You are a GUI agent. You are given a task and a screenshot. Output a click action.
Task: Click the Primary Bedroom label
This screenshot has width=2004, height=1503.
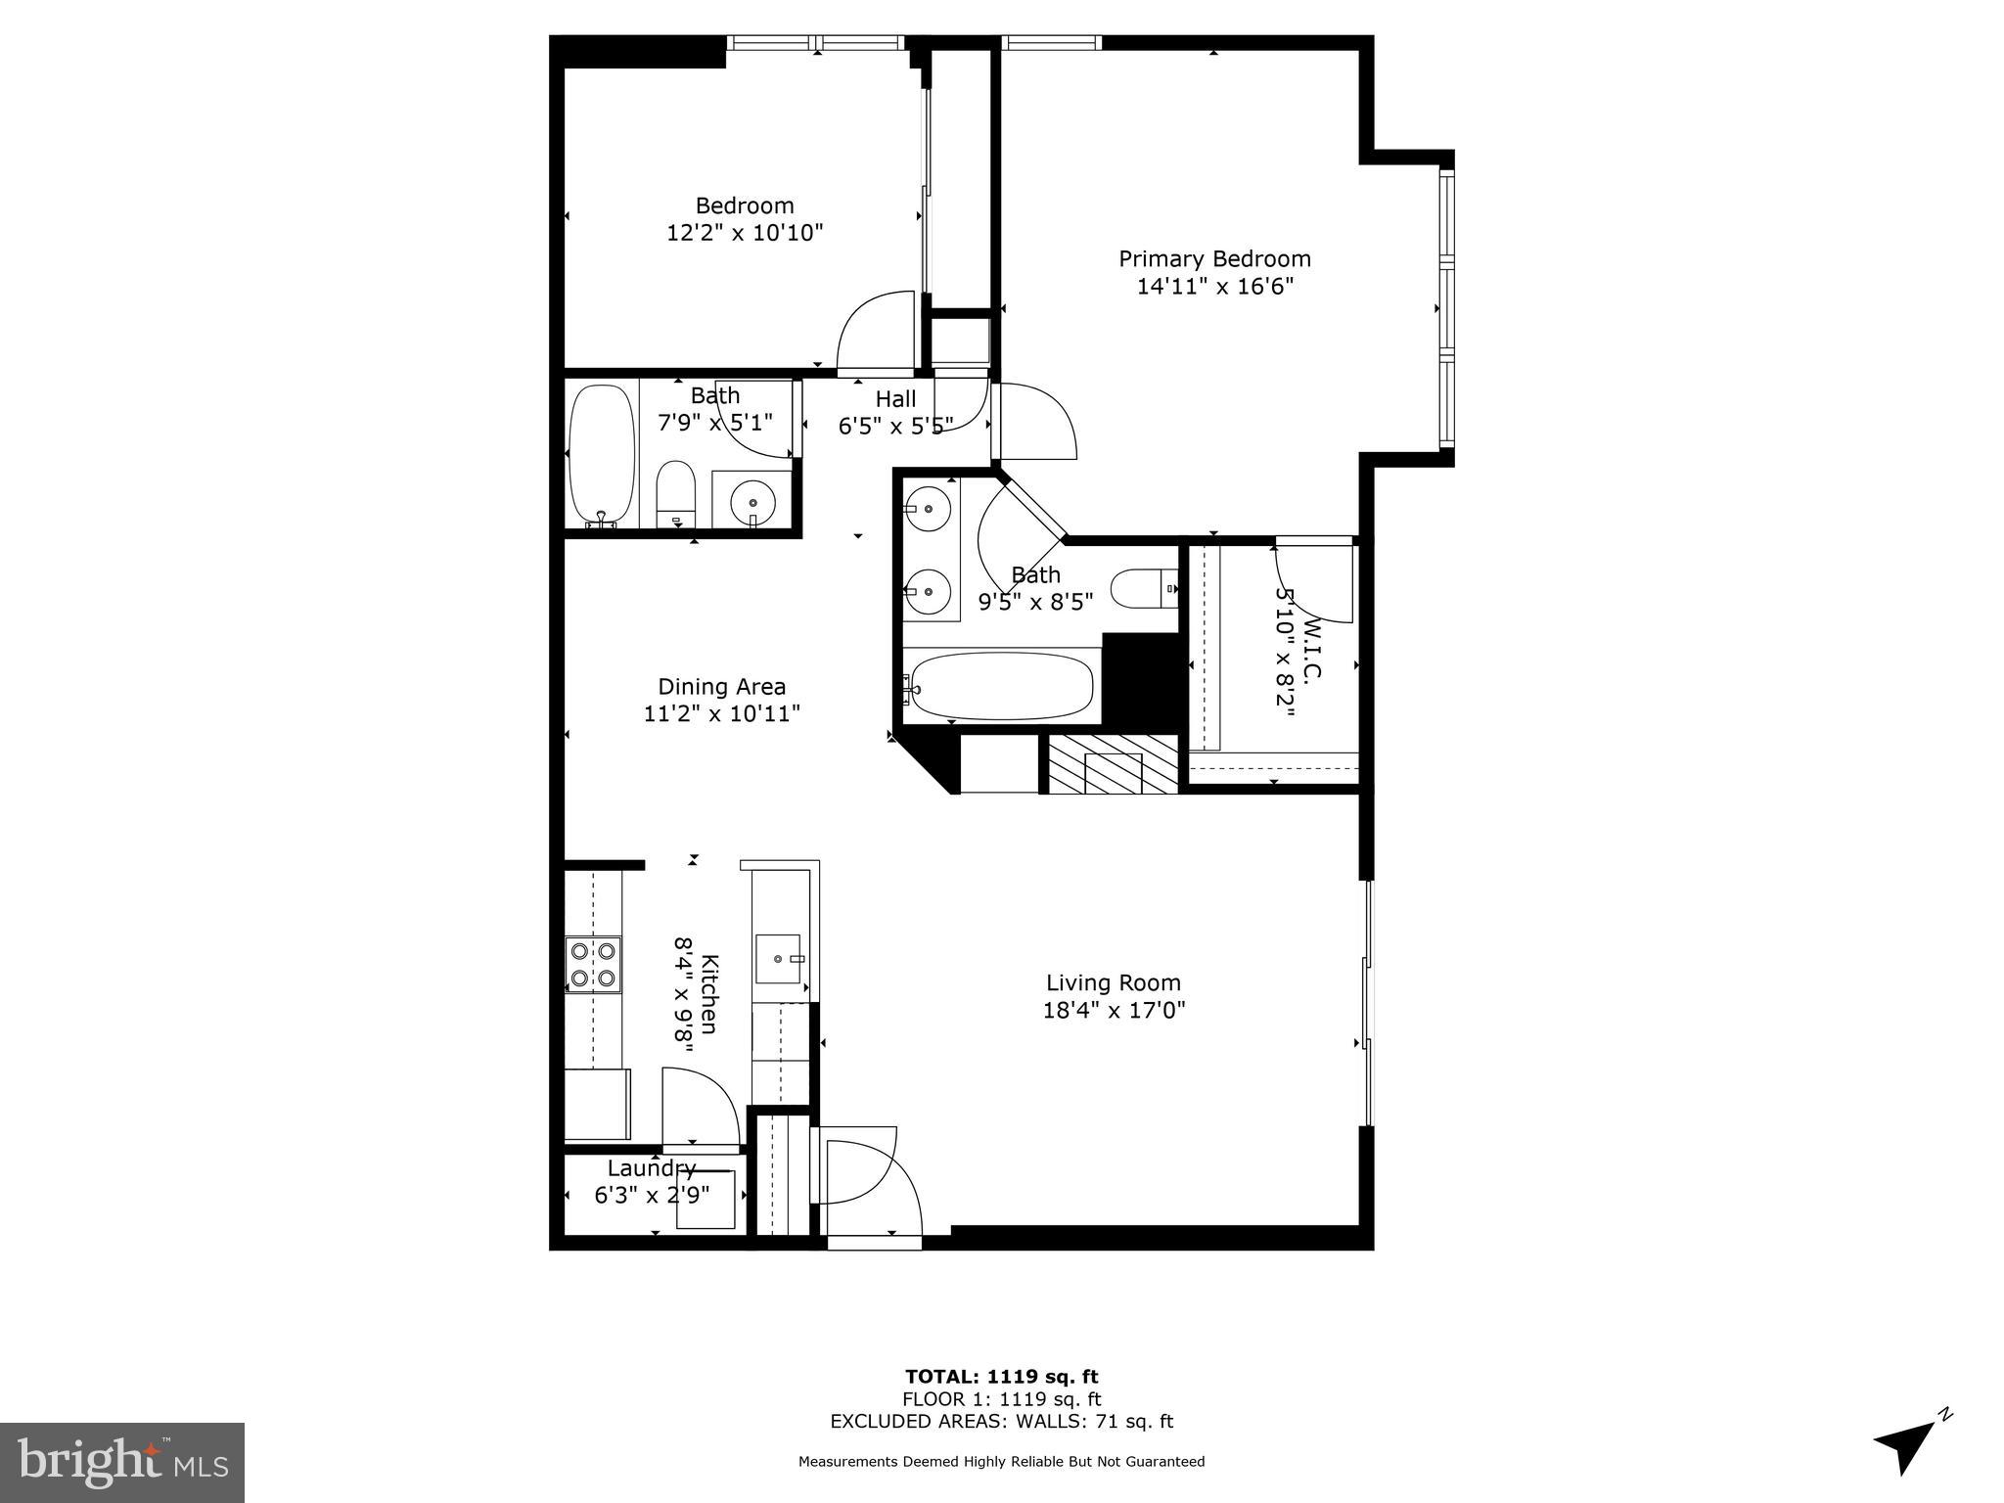1214,259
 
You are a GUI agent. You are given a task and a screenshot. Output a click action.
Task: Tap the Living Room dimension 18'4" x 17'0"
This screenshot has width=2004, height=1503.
1114,1010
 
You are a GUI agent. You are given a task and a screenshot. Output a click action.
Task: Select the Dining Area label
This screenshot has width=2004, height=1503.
721,687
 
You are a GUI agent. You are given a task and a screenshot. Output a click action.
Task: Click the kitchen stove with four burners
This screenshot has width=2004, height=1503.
593,965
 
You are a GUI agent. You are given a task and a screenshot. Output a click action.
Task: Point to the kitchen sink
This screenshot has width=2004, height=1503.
780,959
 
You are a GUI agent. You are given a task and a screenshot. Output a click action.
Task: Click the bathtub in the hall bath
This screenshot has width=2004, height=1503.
602,455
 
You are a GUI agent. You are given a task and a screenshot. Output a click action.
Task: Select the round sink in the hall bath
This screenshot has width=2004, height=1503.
752,500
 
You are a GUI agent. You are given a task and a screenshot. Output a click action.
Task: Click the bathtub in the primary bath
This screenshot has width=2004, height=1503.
1001,686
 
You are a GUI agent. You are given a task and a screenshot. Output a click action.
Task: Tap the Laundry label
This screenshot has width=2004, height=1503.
652,1168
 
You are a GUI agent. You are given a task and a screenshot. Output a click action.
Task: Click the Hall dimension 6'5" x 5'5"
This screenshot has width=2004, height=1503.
895,427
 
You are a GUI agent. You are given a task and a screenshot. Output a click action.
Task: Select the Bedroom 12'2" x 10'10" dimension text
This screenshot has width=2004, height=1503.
745,233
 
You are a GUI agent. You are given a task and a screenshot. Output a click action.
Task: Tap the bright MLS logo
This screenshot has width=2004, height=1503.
121,1462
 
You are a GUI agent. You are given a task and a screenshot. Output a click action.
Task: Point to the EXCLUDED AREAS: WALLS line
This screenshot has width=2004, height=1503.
1001,1422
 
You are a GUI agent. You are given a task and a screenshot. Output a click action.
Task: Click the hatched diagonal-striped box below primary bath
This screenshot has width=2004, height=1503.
1113,763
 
